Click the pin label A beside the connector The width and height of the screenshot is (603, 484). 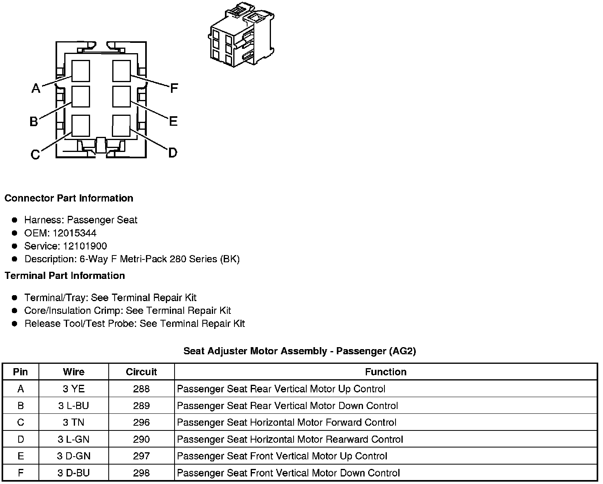point(36,88)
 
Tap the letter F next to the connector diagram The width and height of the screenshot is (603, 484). point(173,88)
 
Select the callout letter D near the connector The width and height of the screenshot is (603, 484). point(173,152)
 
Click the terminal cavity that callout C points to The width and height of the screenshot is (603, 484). point(81,126)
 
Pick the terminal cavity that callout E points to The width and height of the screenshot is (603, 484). point(121,96)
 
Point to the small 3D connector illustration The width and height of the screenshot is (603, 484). point(241,35)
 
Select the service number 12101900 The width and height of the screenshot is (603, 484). point(84,246)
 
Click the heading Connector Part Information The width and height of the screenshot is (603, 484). point(69,198)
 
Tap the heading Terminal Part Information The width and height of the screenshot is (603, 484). point(65,275)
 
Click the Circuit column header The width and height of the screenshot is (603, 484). point(141,372)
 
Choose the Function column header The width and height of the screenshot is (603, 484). point(386,372)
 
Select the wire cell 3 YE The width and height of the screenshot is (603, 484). point(74,389)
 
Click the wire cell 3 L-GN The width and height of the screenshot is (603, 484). point(74,439)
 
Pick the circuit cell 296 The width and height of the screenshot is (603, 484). point(141,423)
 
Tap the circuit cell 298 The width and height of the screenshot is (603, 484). point(141,473)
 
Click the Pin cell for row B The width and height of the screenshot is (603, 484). point(21,405)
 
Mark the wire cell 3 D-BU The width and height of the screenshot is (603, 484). point(74,473)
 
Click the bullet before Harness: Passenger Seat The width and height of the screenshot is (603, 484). point(15,220)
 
